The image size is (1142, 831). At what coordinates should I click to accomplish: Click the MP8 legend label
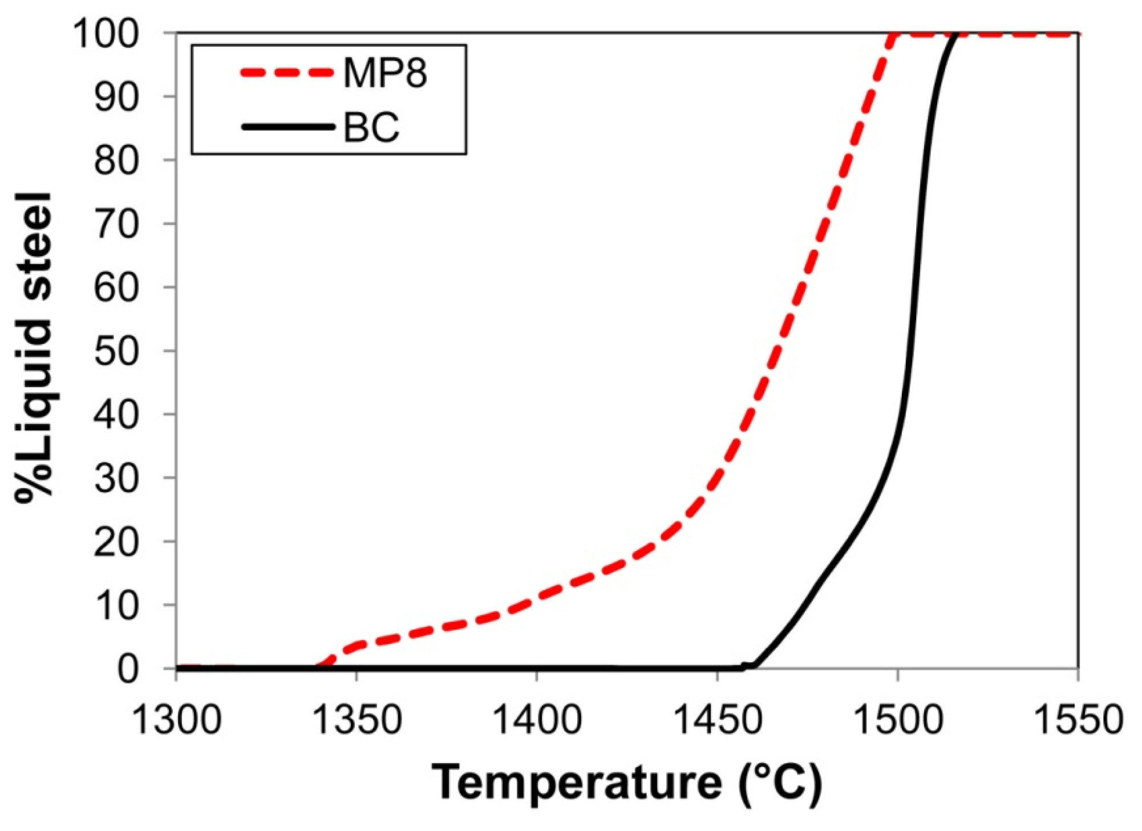(384, 73)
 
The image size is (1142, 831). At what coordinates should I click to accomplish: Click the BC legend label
(371, 127)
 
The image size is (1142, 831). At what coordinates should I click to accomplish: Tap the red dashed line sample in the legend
(286, 73)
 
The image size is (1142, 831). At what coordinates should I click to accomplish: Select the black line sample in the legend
(286, 127)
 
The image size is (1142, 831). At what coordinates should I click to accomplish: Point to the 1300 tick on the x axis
(177, 720)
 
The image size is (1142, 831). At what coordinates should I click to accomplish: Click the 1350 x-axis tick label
(357, 720)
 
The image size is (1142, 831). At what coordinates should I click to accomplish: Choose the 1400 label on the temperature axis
(536, 720)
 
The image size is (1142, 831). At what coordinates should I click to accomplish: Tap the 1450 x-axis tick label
(717, 720)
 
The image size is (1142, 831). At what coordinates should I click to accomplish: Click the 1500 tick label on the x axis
(898, 720)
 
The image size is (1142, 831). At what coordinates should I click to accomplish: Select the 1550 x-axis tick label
(1078, 720)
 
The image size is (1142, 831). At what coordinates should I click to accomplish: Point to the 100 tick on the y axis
(106, 34)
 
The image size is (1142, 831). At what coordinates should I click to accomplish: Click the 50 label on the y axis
(116, 351)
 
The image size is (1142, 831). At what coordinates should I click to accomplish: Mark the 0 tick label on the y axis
(128, 668)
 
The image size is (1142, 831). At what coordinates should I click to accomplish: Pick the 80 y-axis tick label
(116, 161)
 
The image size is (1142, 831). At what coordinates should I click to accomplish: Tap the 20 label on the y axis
(116, 542)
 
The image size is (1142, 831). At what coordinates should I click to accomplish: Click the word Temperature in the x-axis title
(576, 783)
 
